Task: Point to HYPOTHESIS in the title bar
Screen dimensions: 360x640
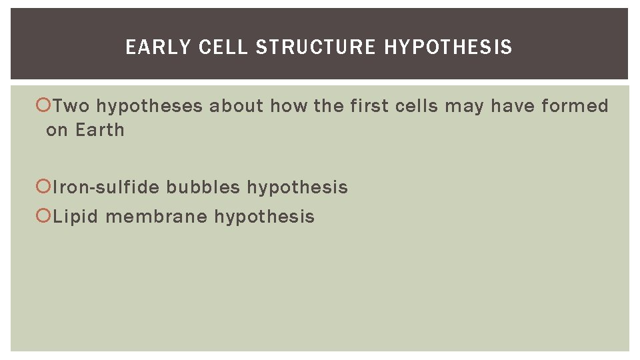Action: (x=448, y=47)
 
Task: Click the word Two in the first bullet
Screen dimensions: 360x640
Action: (x=71, y=106)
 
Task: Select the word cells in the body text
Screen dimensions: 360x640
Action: (x=419, y=106)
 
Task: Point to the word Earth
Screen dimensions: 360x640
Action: (x=99, y=130)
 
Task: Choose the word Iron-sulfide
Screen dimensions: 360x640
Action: (x=106, y=187)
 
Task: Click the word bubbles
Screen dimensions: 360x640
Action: (x=203, y=187)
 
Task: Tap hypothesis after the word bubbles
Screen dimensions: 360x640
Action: (x=297, y=188)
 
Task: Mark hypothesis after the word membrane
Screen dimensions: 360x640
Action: (x=264, y=217)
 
